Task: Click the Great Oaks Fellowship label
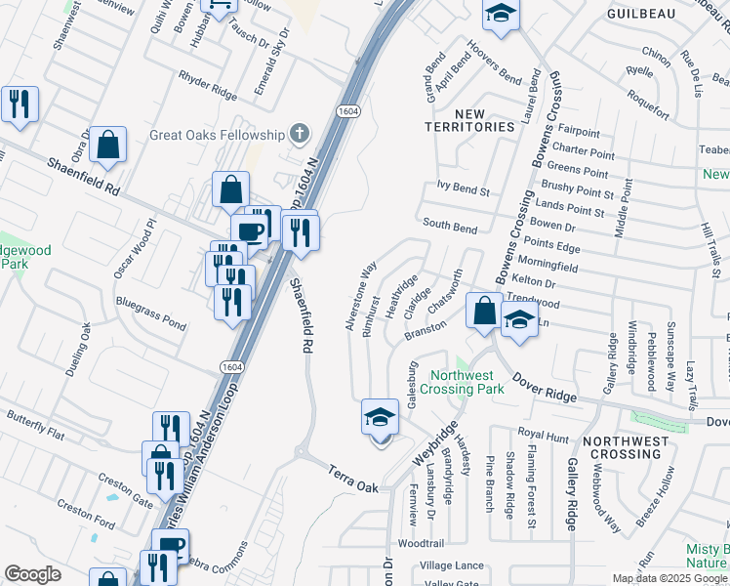coord(216,135)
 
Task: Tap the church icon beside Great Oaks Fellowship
coord(300,134)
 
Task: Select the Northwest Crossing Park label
coord(467,382)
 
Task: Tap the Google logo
coord(33,574)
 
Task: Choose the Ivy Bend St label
coord(464,191)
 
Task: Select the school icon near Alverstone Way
coord(381,418)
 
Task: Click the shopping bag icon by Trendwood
coord(484,312)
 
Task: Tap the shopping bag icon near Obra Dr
coord(110,145)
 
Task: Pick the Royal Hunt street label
coord(543,434)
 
